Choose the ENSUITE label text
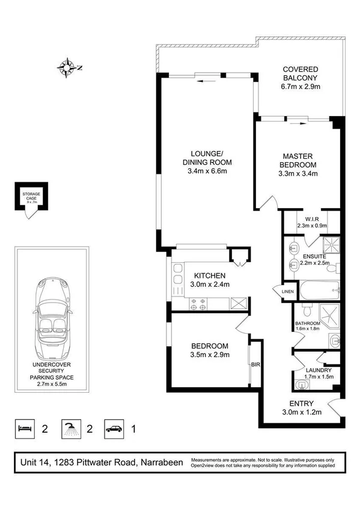click(314, 256)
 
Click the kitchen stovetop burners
click(198, 304)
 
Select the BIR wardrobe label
click(255, 364)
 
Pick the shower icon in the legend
click(71, 429)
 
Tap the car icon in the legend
click(114, 429)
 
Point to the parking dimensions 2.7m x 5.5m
click(53, 382)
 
